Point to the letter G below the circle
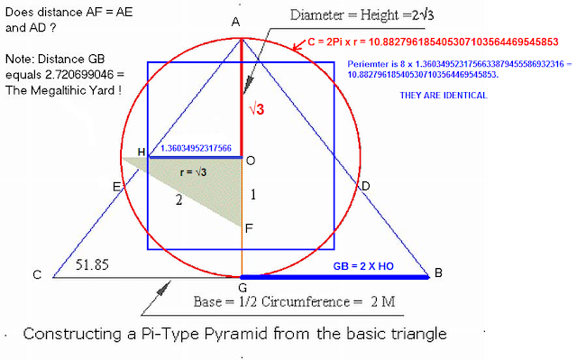243,289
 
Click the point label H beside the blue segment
140,151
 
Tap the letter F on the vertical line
250,229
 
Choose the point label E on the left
116,187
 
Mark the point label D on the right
365,186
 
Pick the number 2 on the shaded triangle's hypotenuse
179,200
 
